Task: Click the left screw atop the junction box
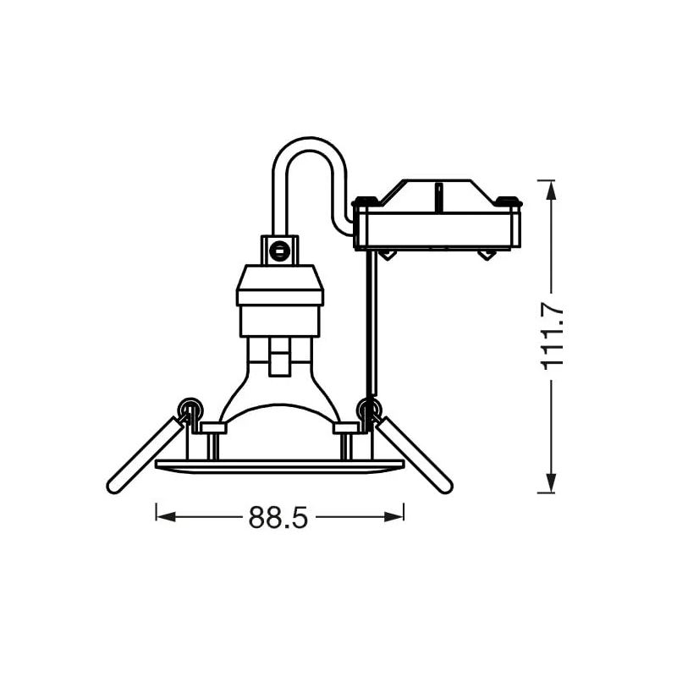click(364, 202)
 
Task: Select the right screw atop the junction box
click(509, 202)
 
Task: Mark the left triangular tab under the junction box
click(387, 255)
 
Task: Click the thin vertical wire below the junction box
click(369, 322)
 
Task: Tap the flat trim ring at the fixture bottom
click(280, 465)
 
